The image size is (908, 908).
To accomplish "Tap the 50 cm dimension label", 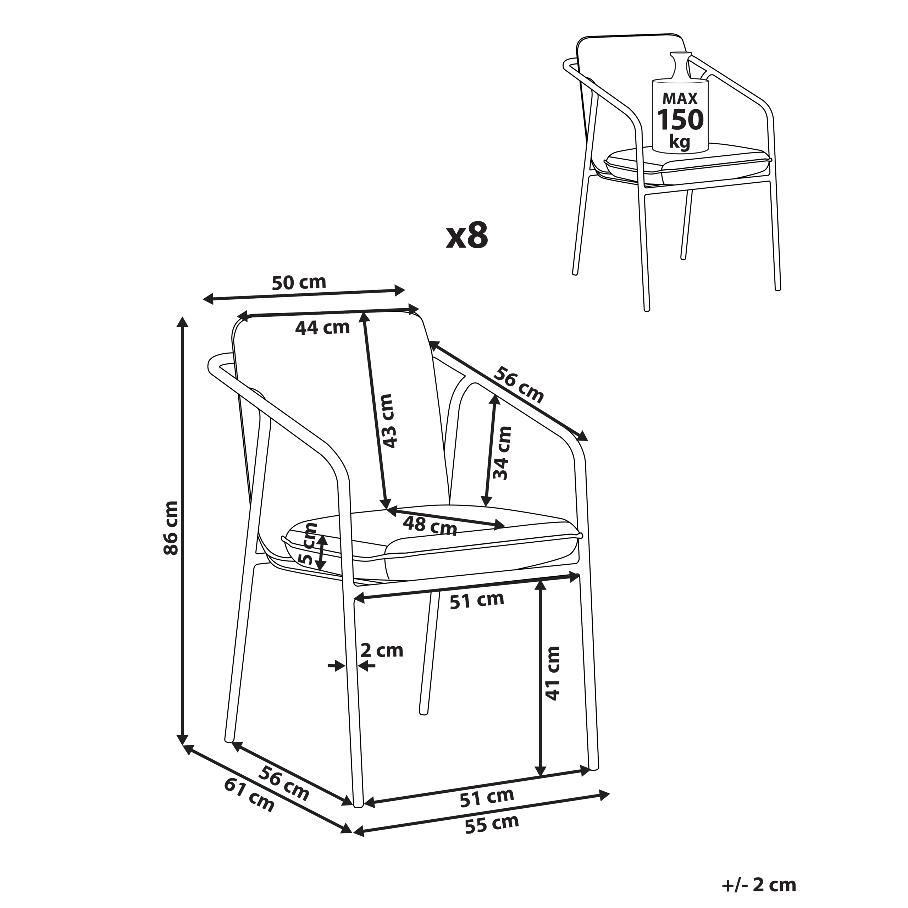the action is pyautogui.click(x=299, y=282).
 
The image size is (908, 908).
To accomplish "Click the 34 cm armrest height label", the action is pyautogui.click(x=502, y=453).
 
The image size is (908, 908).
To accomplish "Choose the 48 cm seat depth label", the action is pyautogui.click(x=430, y=525).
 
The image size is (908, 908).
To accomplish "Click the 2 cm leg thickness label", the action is pyautogui.click(x=382, y=651).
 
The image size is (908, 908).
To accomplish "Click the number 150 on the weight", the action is pyautogui.click(x=680, y=120).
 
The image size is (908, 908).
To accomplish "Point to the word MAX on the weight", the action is pyautogui.click(x=680, y=99).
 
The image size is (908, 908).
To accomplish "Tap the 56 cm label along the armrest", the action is pyautogui.click(x=519, y=384).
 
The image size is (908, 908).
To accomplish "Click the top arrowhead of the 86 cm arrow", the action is pyautogui.click(x=182, y=322).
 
